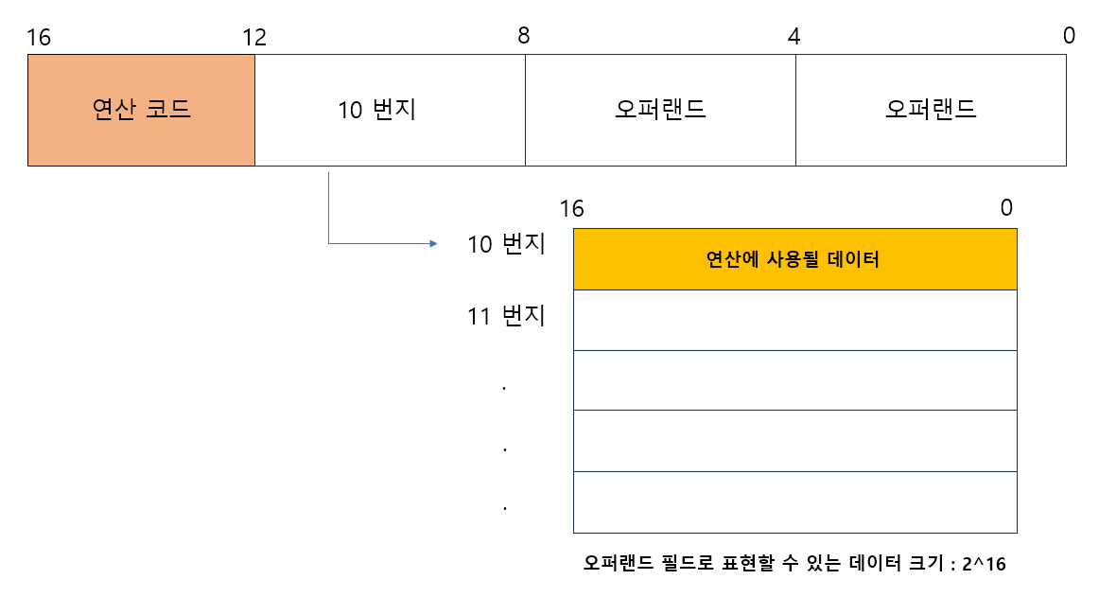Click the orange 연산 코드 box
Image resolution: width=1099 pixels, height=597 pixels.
[141, 110]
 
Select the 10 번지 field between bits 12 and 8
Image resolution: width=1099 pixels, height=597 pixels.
[390, 110]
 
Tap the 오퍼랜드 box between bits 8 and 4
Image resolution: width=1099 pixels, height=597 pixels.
[660, 110]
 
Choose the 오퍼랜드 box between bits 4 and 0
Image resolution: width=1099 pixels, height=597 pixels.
[931, 110]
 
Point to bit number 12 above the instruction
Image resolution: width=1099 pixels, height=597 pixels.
[254, 37]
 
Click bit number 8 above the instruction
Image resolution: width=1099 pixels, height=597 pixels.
[524, 36]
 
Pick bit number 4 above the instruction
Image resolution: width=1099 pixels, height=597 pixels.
[794, 36]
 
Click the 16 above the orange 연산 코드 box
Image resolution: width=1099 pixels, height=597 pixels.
[39, 37]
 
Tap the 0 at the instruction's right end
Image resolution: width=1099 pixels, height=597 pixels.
[1069, 36]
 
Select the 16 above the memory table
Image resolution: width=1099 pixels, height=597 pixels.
[571, 208]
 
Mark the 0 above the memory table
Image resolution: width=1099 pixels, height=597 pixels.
[1006, 208]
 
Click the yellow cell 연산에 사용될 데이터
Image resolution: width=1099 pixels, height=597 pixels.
[794, 259]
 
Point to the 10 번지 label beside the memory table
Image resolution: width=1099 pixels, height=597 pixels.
[506, 244]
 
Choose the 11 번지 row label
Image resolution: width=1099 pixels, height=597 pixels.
[506, 316]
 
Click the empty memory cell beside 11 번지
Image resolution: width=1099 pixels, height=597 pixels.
[794, 320]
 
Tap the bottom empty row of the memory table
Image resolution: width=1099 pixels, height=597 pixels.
[794, 501]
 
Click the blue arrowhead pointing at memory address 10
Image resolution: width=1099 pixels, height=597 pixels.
[433, 244]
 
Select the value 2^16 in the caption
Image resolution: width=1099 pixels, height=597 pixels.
[984, 564]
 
